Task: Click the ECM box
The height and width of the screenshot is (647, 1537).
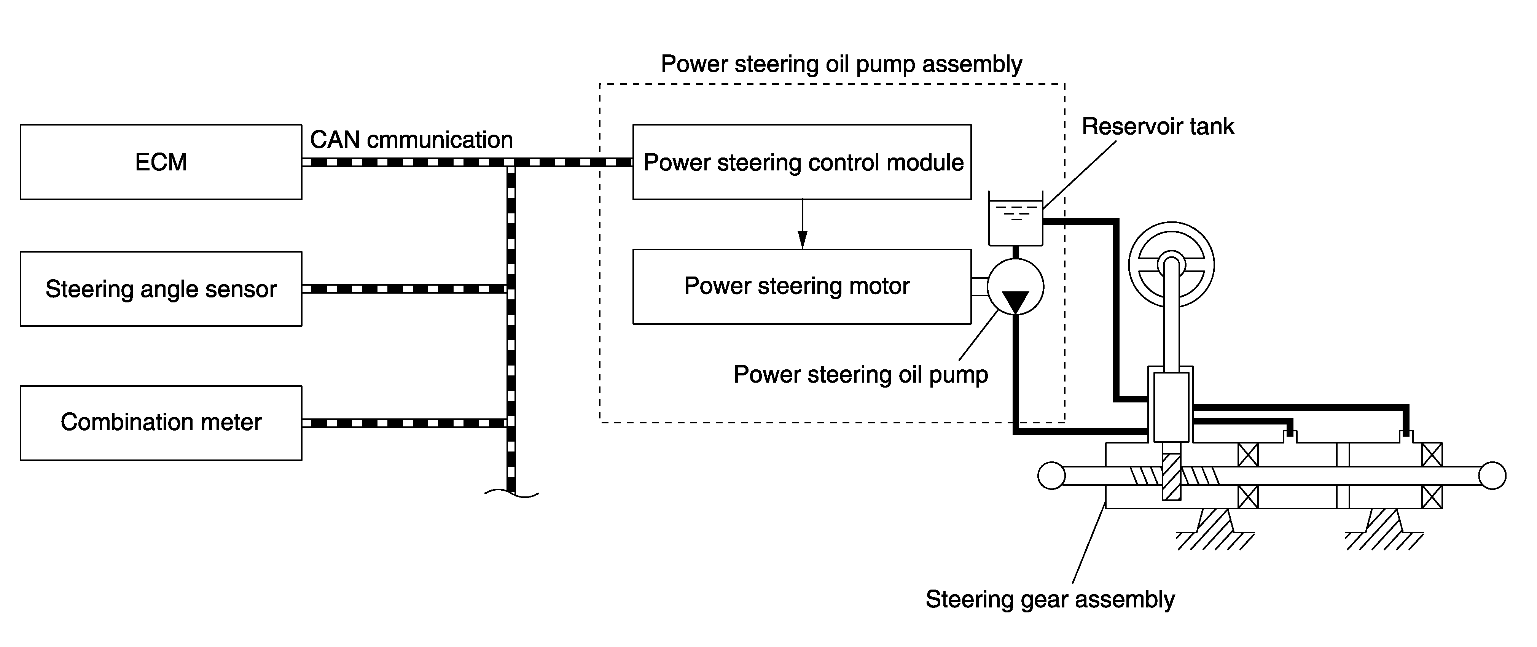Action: [161, 162]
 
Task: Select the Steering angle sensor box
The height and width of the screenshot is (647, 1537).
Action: [161, 289]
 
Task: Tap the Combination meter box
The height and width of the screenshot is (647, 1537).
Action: [161, 423]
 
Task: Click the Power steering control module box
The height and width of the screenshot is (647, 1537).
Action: [802, 162]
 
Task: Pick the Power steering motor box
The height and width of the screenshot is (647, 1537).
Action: [802, 287]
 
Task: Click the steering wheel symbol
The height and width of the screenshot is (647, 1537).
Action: [1171, 264]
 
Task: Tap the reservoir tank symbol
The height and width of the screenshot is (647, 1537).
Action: [1016, 219]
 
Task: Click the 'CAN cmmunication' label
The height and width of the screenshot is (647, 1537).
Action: [411, 140]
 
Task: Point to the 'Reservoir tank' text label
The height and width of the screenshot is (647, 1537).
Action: [1158, 126]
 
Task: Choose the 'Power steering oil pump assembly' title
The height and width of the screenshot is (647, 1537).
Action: [841, 64]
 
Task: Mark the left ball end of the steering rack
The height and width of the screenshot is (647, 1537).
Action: [1051, 476]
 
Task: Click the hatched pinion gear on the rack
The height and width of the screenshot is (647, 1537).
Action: [1171, 477]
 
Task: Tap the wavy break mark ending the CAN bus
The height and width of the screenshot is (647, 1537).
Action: [511, 493]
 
